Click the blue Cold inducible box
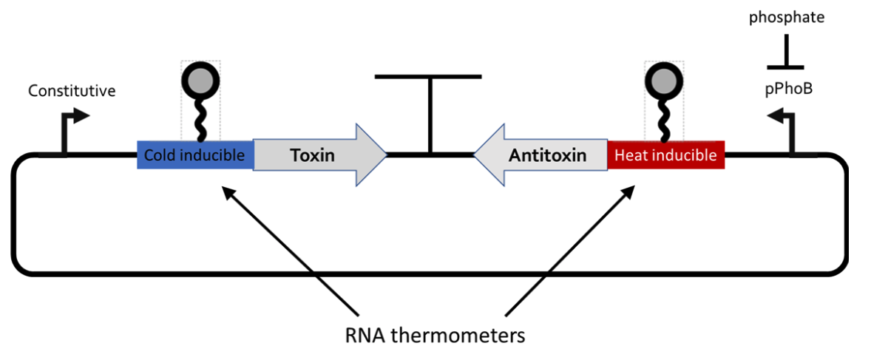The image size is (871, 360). point(194,155)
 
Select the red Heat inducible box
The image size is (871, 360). point(665,155)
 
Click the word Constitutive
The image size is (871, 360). point(72,92)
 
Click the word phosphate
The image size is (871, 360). point(785,17)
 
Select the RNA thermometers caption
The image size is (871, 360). point(435,336)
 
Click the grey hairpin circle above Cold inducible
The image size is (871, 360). point(200,79)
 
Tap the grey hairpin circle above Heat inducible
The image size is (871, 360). point(663,79)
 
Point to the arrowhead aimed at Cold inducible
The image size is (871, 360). point(226,191)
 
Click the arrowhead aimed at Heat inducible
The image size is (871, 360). point(629,191)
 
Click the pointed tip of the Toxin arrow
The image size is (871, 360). point(384,155)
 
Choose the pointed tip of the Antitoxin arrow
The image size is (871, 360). point(476,155)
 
